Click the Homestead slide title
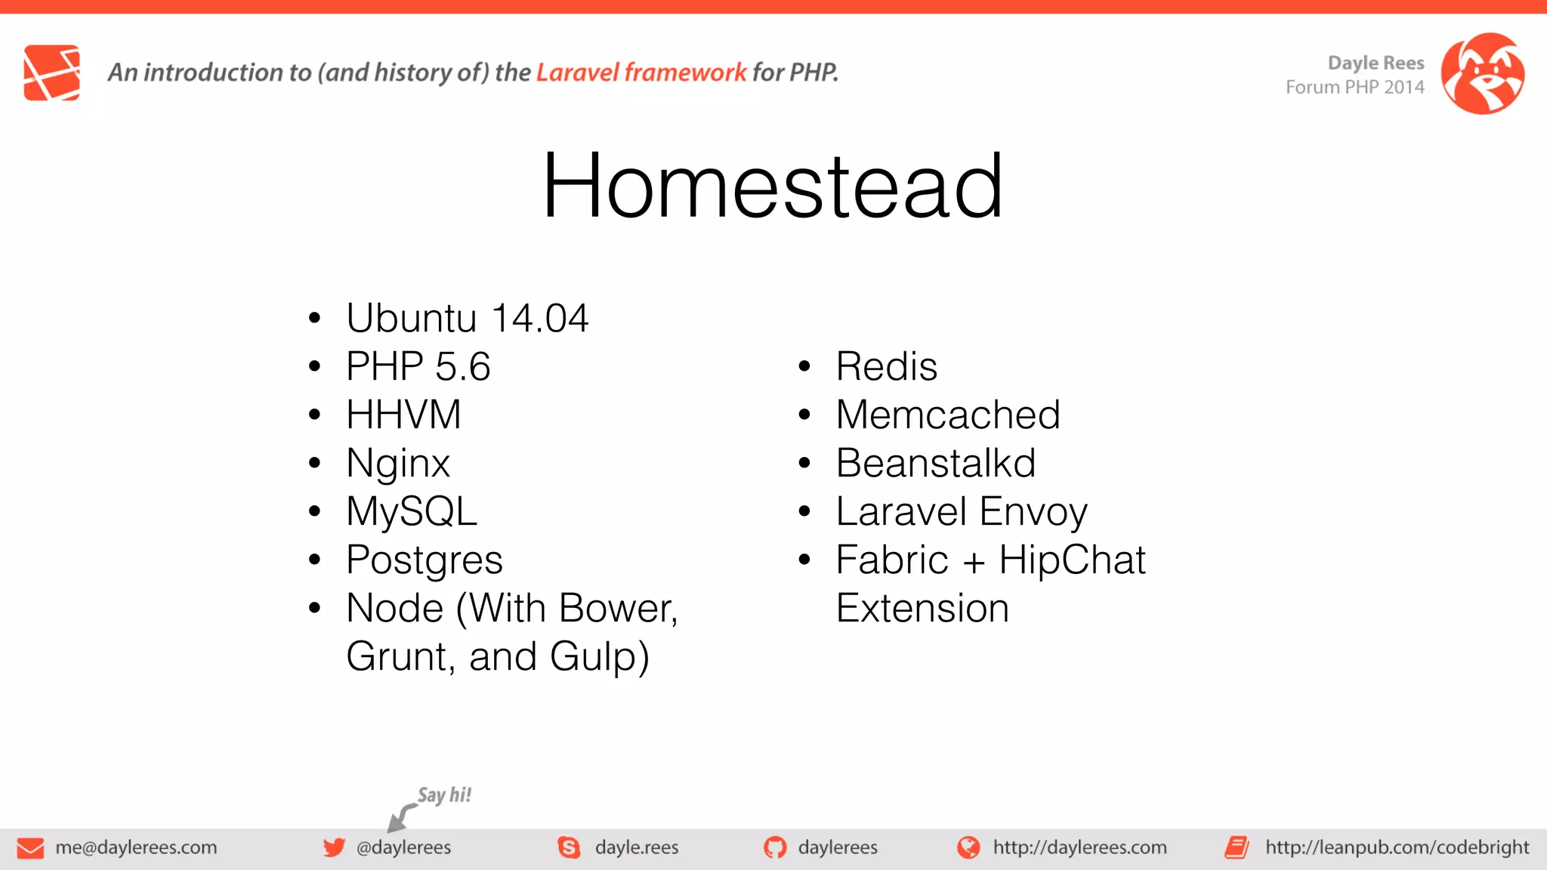click(772, 186)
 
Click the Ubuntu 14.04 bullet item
click(467, 318)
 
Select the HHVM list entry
click(403, 415)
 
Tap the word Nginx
click(398, 463)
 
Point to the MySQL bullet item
click(412, 511)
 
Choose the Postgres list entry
click(424, 560)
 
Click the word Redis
click(886, 366)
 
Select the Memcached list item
click(947, 415)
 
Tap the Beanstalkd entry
click(935, 463)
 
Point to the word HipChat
click(1071, 560)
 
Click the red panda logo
click(1482, 73)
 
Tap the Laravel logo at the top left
click(52, 72)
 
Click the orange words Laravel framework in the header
click(641, 72)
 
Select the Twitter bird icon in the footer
click(334, 847)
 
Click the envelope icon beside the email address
click(30, 848)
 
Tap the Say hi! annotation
click(444, 795)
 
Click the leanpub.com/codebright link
click(1396, 847)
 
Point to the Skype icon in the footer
click(569, 847)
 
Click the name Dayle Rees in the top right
click(1376, 63)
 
